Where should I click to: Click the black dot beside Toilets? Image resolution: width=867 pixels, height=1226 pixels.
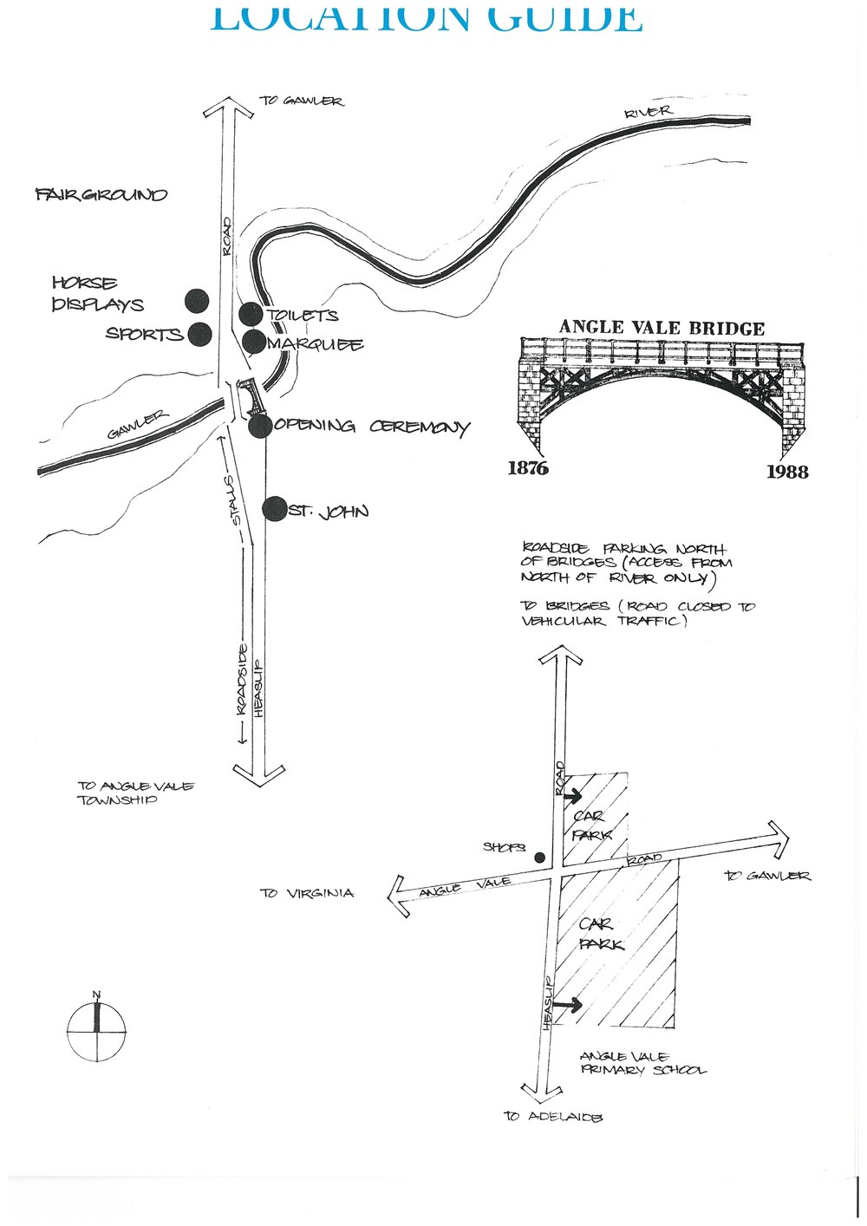251,314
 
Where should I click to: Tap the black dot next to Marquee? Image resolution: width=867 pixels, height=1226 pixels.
253,342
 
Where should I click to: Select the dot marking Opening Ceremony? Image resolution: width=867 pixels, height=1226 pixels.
259,426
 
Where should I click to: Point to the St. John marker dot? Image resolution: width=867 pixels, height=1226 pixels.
275,509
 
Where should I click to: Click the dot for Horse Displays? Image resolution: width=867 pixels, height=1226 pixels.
198,301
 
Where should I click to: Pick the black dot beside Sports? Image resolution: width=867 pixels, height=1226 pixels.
200,334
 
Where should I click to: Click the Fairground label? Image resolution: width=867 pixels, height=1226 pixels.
101,194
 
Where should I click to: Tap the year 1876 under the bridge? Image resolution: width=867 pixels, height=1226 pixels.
528,468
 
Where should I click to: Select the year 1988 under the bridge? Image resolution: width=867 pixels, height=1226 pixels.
786,472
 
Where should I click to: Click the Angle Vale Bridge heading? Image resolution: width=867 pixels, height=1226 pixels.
662,328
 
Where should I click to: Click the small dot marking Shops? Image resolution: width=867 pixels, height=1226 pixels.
539,858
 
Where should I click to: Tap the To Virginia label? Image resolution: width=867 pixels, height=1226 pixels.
307,892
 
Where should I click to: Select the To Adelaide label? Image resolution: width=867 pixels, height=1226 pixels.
552,1117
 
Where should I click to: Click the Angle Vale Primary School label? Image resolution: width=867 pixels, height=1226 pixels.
642,1063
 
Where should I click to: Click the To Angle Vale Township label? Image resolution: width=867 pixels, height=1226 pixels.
135,792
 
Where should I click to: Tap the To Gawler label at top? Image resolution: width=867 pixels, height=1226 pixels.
302,101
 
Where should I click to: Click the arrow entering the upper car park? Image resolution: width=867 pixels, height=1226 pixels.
572,795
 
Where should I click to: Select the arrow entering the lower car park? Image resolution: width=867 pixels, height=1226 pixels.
568,1005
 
